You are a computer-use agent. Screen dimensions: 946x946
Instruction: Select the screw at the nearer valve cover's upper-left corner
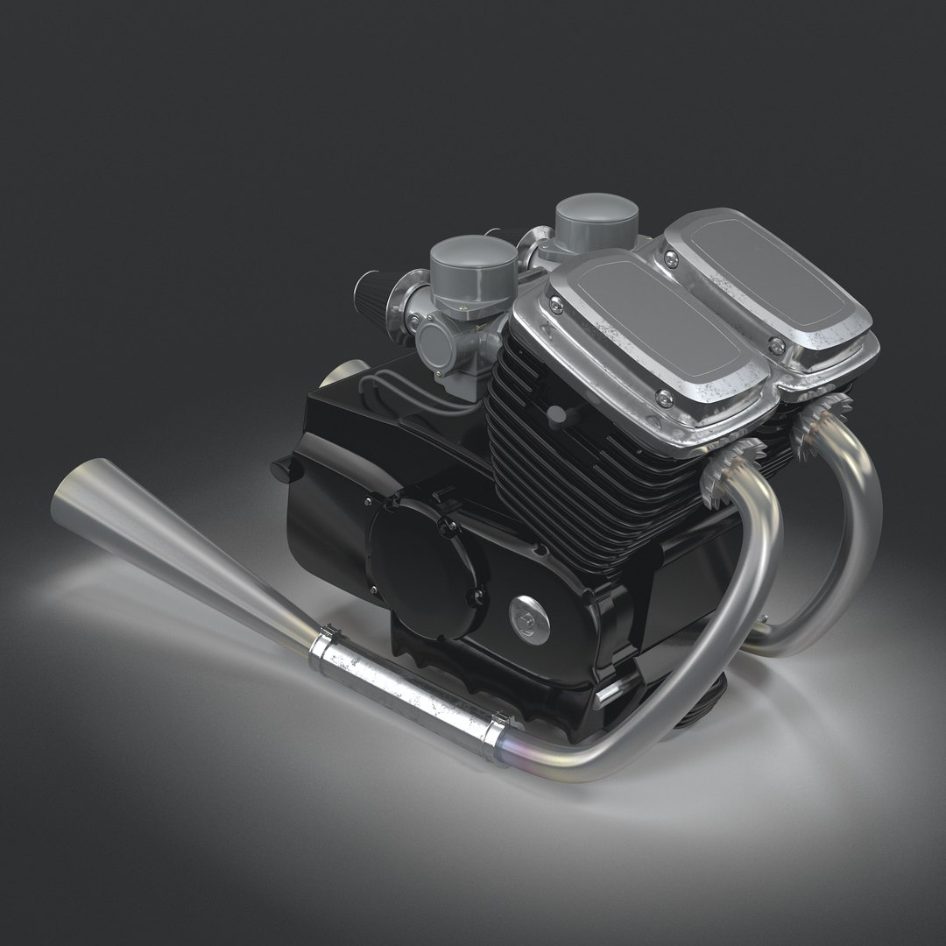coord(555,304)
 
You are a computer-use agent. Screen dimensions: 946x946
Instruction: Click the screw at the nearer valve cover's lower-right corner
coord(666,399)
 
